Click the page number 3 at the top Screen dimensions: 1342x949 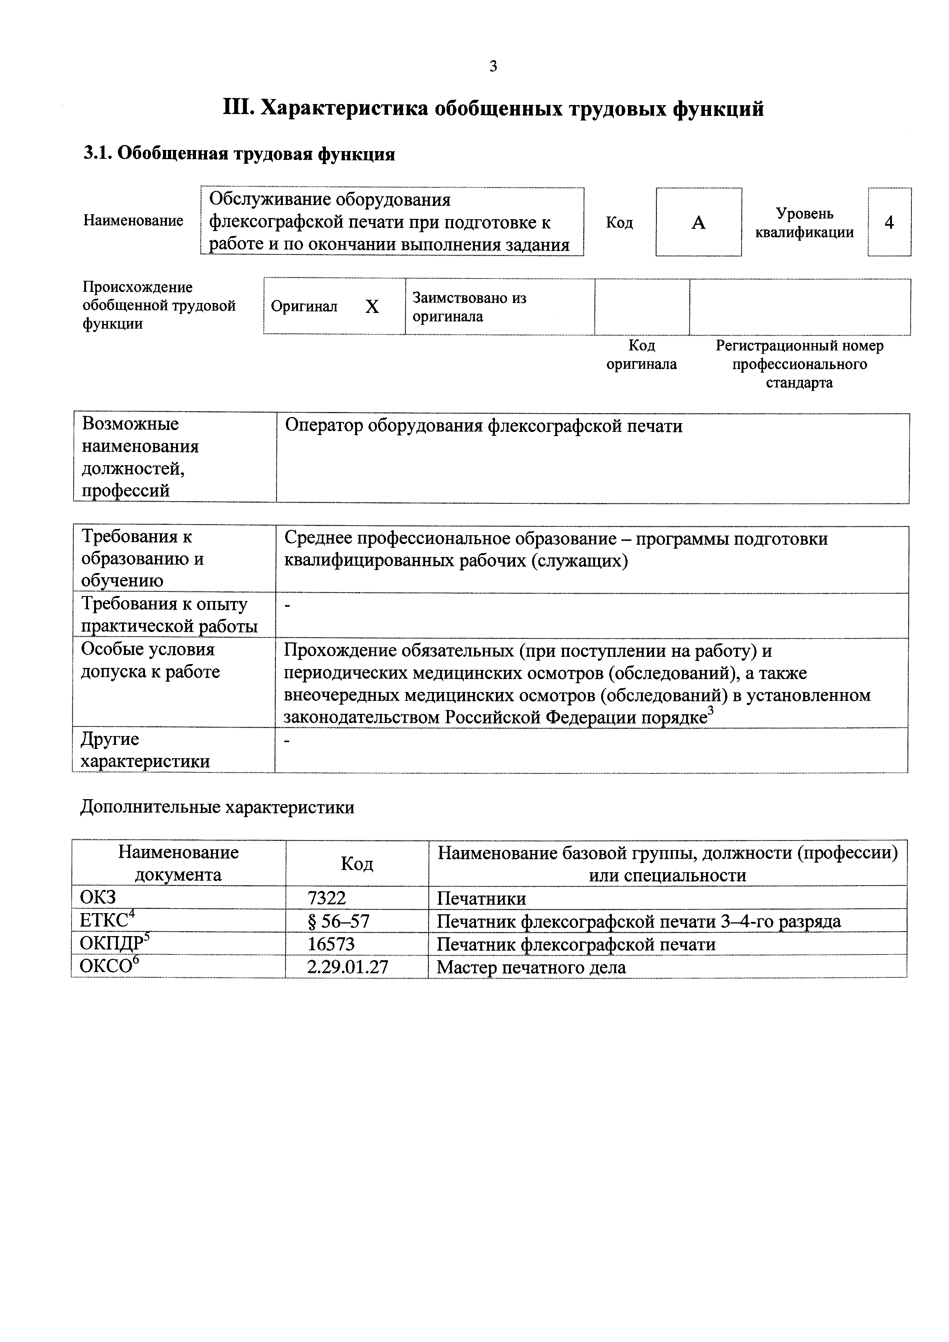493,67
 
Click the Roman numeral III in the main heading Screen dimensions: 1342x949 238,109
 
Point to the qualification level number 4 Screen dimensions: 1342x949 889,223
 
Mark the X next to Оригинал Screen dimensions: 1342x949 372,307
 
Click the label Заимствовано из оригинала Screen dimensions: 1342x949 469,307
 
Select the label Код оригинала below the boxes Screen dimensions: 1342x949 641,355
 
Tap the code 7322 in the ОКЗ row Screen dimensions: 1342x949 327,898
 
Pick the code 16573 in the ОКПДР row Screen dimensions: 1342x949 331,945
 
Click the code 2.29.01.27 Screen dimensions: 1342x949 347,967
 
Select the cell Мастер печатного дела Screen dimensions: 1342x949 531,968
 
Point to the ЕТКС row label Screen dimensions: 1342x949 104,921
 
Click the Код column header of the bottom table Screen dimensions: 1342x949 357,863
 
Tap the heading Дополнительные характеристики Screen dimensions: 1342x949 217,807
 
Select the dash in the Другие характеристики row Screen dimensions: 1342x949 287,741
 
